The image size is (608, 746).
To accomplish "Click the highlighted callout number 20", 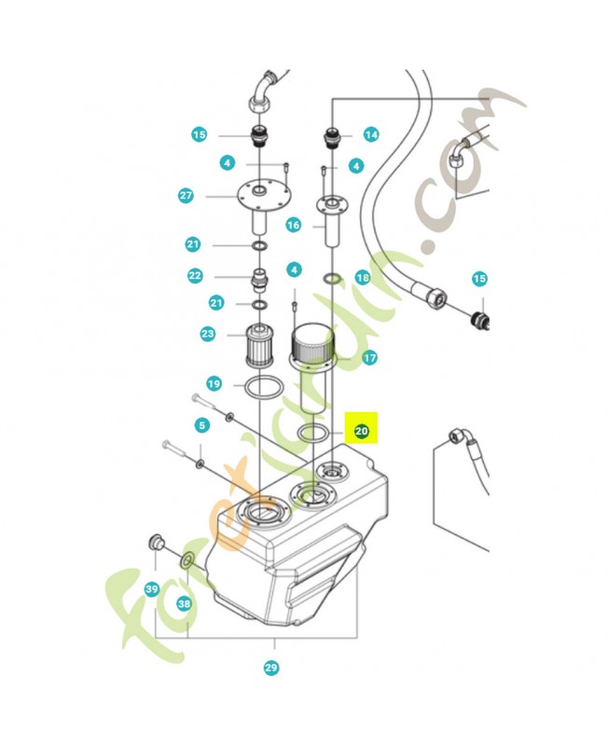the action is tap(362, 431).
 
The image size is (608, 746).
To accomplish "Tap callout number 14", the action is tap(371, 134).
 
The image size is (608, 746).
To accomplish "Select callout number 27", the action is tap(186, 196).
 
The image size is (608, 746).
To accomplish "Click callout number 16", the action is tap(294, 225).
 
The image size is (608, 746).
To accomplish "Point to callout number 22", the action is tap(195, 275).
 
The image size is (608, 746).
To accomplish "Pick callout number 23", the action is tap(208, 334).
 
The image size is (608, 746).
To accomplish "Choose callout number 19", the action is tap(214, 383).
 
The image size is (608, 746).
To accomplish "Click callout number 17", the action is tap(369, 357).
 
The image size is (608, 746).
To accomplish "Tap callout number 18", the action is tap(363, 277).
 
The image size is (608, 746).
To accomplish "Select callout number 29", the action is tap(271, 668).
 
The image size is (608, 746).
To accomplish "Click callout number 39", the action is tap(152, 589).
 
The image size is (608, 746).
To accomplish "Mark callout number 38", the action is tap(184, 603).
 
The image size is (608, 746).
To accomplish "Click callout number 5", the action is tap(202, 425).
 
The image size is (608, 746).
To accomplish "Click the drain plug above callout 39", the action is tap(156, 542).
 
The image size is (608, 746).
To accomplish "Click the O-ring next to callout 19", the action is tap(264, 377).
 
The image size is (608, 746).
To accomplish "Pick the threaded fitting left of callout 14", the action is tap(332, 137).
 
